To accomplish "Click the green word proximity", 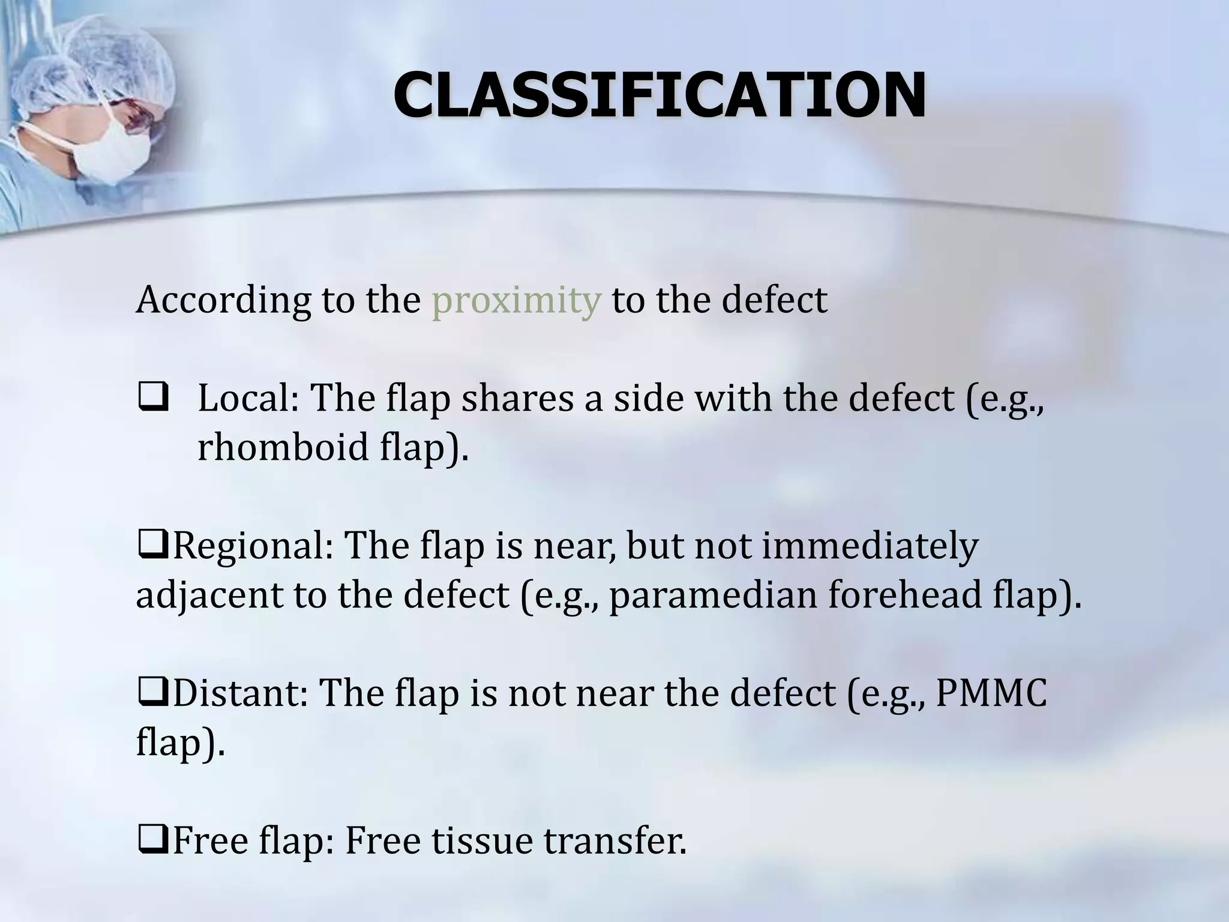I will tap(516, 300).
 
